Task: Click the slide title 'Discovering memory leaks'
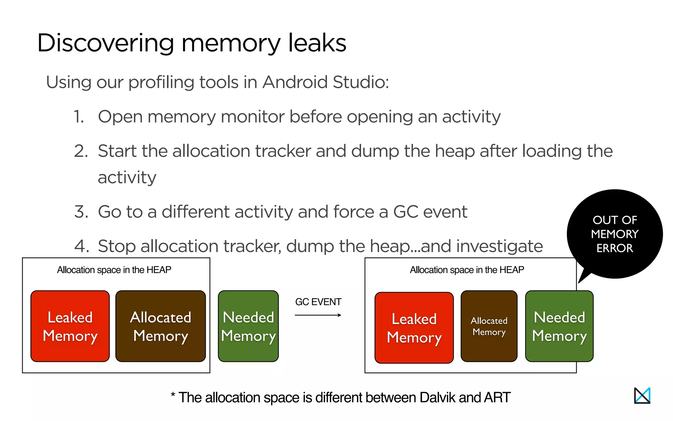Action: [192, 43]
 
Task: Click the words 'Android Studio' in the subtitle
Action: [325, 82]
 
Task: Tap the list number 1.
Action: [79, 117]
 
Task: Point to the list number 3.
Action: [81, 212]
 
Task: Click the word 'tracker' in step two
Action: [283, 151]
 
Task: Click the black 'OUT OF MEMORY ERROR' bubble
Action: [615, 234]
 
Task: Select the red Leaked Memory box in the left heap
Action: [70, 326]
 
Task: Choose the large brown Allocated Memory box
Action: [161, 326]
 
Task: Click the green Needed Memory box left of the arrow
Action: [248, 326]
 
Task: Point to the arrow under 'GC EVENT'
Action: [318, 315]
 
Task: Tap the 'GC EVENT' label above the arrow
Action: [318, 302]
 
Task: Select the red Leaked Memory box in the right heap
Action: [414, 328]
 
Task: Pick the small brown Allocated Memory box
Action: [489, 326]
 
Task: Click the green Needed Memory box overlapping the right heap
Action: [559, 326]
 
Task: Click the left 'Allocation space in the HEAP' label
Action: [114, 270]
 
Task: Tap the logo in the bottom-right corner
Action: [642, 395]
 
